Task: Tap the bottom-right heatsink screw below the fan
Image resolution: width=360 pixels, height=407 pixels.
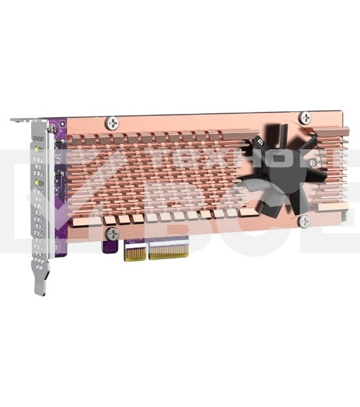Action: pyautogui.click(x=304, y=221)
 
